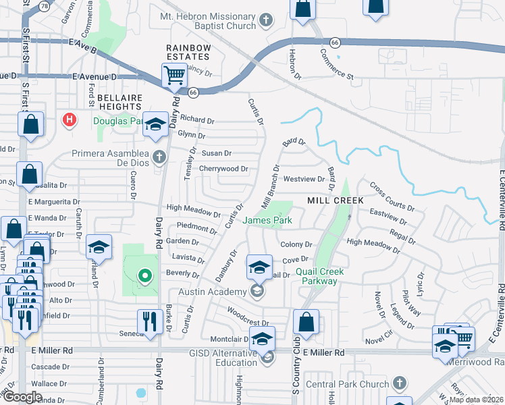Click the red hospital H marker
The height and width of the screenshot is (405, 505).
point(68,121)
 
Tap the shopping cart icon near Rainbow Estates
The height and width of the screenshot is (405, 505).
point(174,76)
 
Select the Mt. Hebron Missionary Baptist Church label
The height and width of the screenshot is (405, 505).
point(208,20)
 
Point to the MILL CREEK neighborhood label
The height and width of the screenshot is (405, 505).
point(336,200)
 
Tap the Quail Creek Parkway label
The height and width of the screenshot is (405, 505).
point(319,276)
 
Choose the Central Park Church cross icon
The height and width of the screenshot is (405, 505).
point(400,383)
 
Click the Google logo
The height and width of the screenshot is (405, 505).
point(22,397)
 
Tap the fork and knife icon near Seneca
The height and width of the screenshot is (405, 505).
point(149,321)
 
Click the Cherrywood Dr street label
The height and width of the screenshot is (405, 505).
point(223,169)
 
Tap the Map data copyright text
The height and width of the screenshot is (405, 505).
point(475,400)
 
